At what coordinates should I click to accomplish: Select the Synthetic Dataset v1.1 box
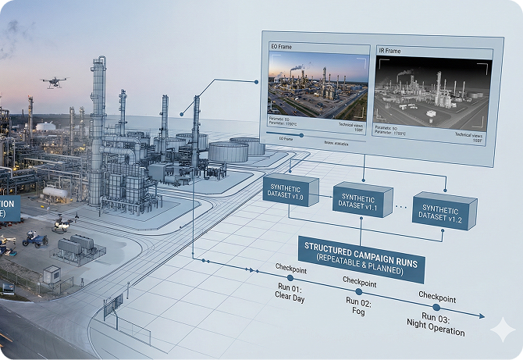(x=361, y=199)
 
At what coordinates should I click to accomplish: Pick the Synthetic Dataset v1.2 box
(x=443, y=209)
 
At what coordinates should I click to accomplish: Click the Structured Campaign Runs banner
(x=361, y=258)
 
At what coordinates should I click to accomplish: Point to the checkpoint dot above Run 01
(x=290, y=278)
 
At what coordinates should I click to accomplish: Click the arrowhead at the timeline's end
(x=492, y=319)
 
